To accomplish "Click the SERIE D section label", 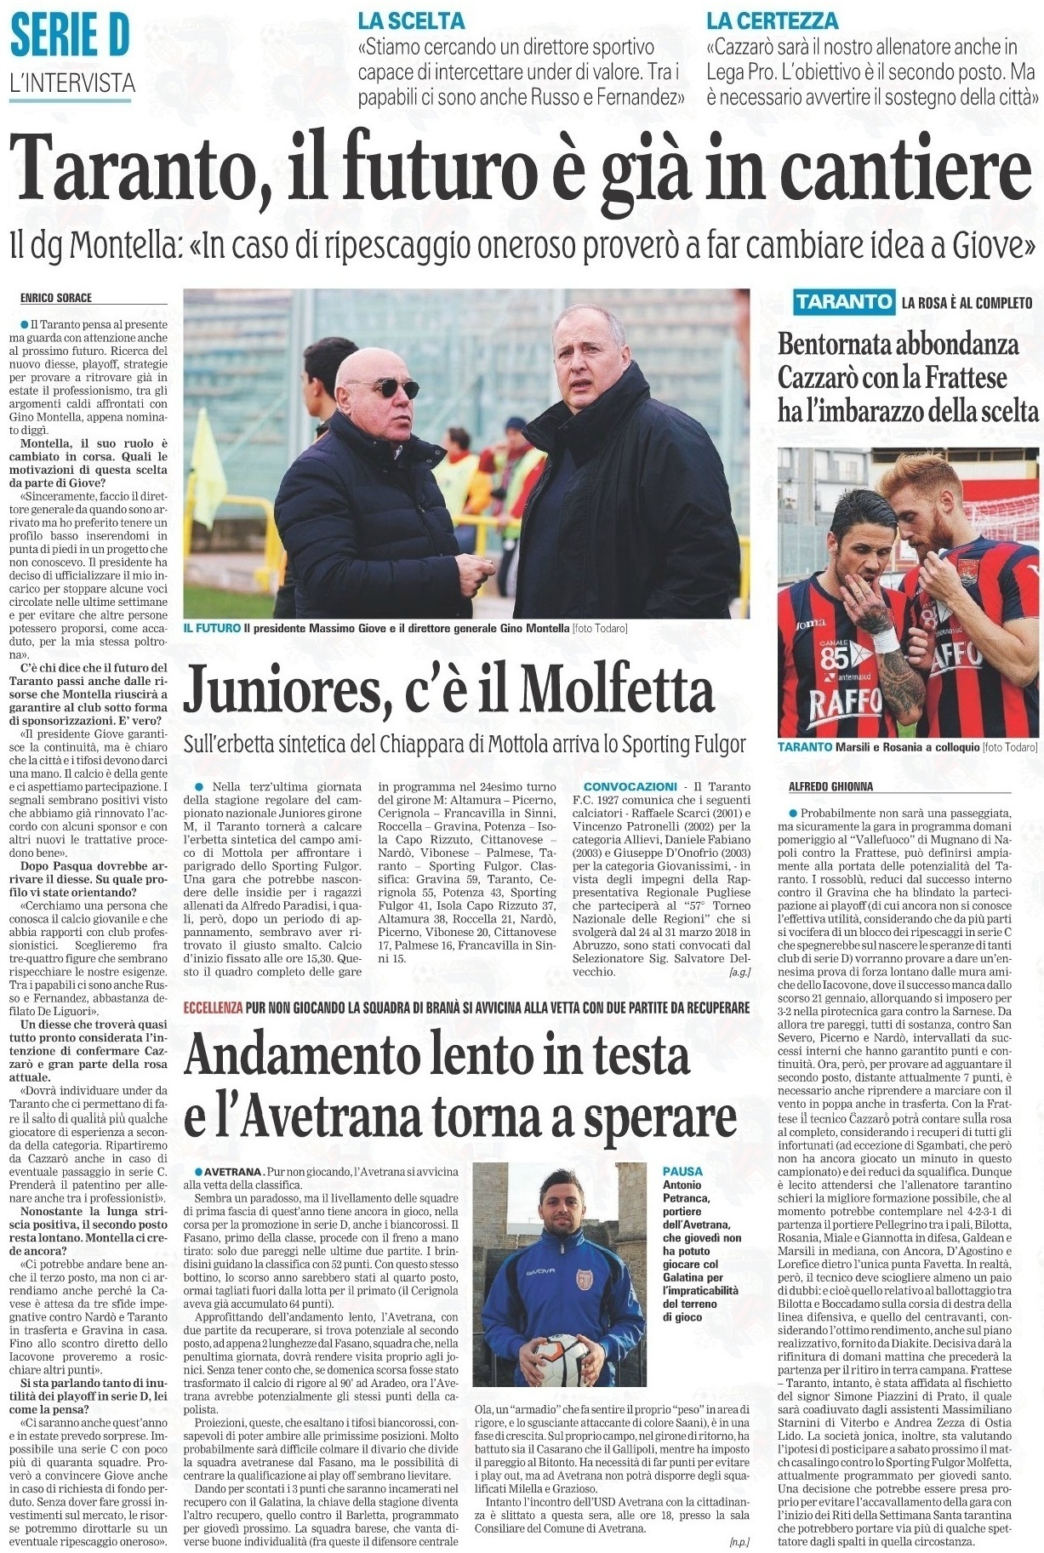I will point(71,37).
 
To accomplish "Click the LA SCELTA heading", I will point(411,20).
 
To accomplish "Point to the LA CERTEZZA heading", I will point(773,20).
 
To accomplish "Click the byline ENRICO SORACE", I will point(56,298).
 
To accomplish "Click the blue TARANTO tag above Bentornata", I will point(843,301).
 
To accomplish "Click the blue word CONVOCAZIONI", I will point(630,786).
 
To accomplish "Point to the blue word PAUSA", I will point(682,1172).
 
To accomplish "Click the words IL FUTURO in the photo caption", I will point(211,628).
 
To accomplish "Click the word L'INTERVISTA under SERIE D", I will point(71,83).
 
